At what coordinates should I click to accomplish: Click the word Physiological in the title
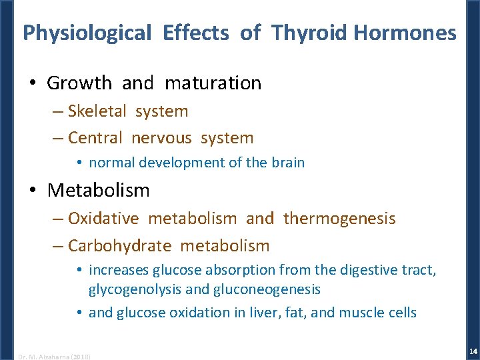point(87,33)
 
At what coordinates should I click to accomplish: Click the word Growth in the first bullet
point(79,83)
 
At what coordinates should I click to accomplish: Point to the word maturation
point(213,83)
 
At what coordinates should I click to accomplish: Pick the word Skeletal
point(98,111)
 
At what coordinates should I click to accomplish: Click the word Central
point(96,138)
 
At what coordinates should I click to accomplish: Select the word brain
point(289,163)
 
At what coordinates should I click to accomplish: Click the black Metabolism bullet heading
point(99,191)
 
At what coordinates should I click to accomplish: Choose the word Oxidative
point(103,219)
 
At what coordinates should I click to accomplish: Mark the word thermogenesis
point(339,219)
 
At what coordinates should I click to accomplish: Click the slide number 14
point(473,351)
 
